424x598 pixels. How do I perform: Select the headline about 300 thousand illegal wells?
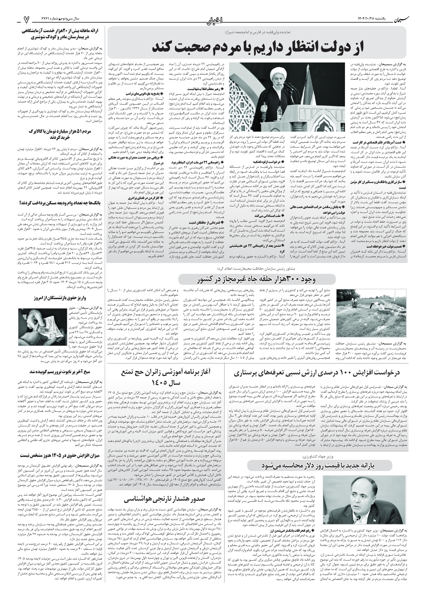click(x=257, y=280)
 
